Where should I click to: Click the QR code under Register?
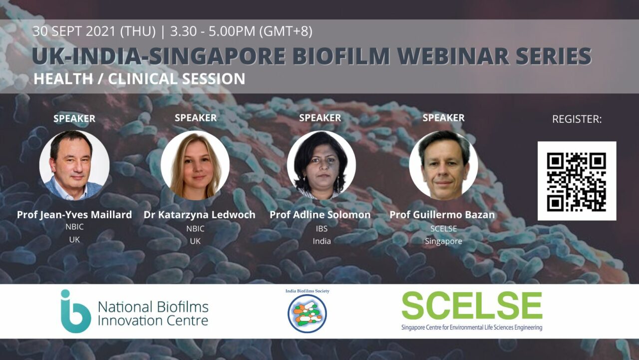(577, 181)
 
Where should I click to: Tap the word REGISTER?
(576, 119)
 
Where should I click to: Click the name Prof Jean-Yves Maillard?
(74, 215)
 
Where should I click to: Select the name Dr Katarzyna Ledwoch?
(199, 215)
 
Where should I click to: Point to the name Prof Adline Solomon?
(320, 215)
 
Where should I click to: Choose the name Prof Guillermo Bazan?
(442, 215)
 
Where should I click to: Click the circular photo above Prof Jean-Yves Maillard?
(74, 165)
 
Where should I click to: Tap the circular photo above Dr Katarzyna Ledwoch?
(195, 165)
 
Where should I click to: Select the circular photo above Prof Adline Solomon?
(321, 165)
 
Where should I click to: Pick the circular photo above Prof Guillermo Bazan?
(444, 165)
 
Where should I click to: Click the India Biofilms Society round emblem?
(307, 314)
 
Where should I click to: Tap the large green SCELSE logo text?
(472, 306)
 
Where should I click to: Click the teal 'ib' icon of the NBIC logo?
(75, 312)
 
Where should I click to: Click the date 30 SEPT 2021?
(74, 31)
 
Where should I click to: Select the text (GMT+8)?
(286, 31)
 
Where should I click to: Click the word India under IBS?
(322, 241)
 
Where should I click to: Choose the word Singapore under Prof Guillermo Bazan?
(444, 242)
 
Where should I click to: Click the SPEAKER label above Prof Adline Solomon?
(320, 118)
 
